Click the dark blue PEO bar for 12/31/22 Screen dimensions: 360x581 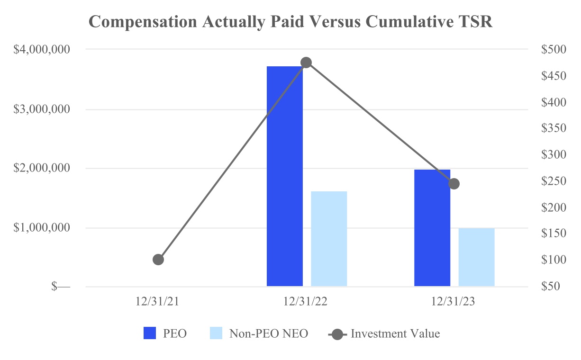tap(284, 176)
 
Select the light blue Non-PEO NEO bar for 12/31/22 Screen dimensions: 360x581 tap(329, 239)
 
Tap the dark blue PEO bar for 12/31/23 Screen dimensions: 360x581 tap(432, 228)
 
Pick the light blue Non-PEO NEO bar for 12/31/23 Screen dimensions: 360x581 tap(476, 257)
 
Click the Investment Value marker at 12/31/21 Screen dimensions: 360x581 tap(158, 260)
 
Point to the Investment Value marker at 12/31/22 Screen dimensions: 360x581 tap(306, 63)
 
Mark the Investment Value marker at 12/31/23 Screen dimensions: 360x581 tap(454, 184)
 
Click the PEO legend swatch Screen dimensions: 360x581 tap(150, 334)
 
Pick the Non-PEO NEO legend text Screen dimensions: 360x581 tap(269, 334)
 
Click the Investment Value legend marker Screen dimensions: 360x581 tap(337, 334)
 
